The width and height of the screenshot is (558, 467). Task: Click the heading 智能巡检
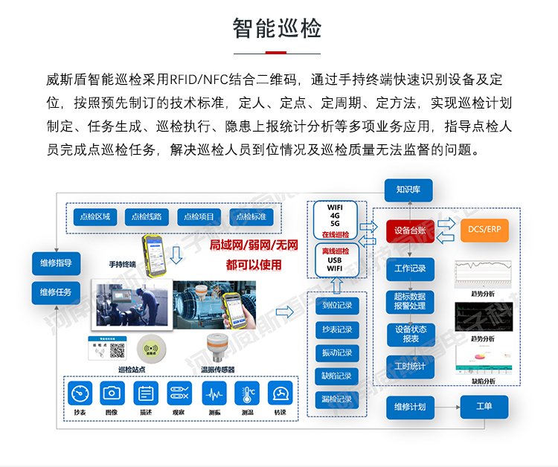pos(278,29)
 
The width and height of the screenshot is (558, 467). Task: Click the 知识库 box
pos(408,190)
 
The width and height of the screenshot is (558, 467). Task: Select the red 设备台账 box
pos(409,231)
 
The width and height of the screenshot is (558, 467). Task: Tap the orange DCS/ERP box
pos(485,231)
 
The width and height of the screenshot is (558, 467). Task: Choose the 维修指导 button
pos(56,263)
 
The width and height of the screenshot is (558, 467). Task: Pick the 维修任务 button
pos(56,292)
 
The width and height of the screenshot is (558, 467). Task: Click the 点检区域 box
pos(94,216)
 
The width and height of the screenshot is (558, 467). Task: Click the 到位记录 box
pos(336,305)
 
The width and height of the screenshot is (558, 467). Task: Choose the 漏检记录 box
pos(336,399)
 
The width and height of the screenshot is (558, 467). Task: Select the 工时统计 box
pos(409,366)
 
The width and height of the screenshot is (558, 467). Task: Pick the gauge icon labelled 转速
pos(280,393)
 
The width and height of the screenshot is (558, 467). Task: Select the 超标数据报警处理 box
pos(409,300)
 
